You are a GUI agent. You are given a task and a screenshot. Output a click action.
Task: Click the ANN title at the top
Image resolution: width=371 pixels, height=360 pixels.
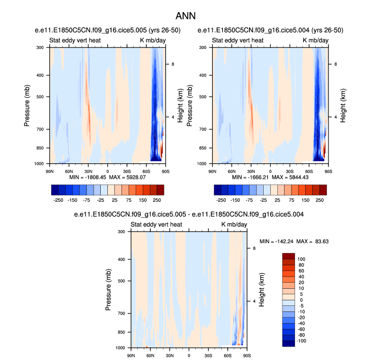(185, 16)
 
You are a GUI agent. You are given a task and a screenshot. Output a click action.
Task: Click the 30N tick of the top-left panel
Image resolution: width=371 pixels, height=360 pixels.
(89, 171)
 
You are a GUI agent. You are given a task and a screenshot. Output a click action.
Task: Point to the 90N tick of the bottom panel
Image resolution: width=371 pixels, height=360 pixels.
(131, 355)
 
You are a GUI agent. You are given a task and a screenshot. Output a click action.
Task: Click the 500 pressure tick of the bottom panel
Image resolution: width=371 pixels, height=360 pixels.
(121, 281)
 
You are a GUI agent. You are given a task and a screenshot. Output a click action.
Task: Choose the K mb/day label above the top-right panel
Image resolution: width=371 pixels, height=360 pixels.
(315, 40)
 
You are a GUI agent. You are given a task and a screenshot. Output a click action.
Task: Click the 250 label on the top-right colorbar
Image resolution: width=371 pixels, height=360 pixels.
(319, 200)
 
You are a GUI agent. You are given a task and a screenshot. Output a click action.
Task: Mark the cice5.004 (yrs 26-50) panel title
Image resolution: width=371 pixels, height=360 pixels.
(262, 30)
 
